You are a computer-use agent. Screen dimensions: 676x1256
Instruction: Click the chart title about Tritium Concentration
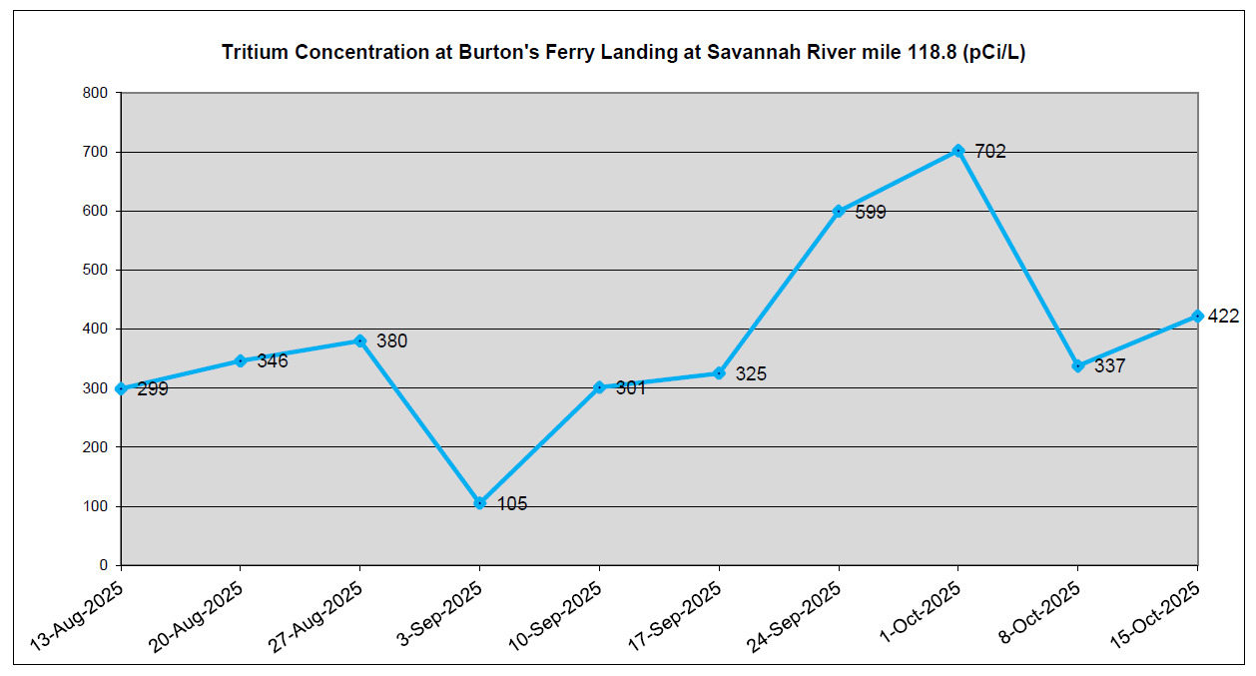tap(623, 53)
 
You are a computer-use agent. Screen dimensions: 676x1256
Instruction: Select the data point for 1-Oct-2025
tap(957, 151)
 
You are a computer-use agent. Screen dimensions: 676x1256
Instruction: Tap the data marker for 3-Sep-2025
tap(479, 503)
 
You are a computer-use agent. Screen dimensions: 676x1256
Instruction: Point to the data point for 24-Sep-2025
tap(838, 212)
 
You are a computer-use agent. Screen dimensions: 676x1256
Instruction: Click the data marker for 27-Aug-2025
tap(359, 340)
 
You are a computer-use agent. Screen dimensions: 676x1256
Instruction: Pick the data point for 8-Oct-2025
tap(1077, 366)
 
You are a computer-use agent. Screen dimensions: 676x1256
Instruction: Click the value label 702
tap(990, 152)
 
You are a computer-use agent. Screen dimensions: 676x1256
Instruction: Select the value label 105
tap(511, 504)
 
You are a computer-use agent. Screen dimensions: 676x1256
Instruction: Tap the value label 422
tap(1223, 317)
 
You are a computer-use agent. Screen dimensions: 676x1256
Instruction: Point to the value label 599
tap(871, 213)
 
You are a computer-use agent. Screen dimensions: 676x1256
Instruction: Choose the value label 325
tap(751, 374)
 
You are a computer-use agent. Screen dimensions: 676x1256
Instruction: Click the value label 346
tap(273, 360)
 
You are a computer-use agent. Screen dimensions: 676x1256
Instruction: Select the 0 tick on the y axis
tap(103, 565)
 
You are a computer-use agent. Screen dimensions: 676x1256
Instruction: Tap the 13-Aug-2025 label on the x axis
tap(78, 619)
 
